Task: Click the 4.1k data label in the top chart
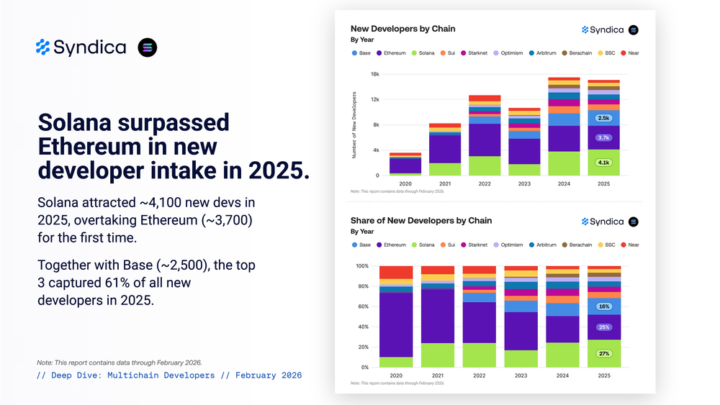tap(603, 163)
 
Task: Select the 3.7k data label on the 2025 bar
tap(603, 137)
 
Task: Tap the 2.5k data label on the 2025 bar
tap(603, 118)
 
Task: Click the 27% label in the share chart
tap(603, 353)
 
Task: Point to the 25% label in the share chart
tap(603, 327)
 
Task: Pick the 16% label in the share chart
tap(603, 306)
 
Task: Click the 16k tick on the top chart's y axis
tap(374, 74)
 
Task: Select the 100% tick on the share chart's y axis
tap(363, 266)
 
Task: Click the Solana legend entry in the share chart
tap(425, 245)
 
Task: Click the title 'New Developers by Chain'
tap(402, 29)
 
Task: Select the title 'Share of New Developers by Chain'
tap(421, 220)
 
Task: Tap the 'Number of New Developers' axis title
tap(354, 124)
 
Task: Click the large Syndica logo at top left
tap(81, 47)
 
